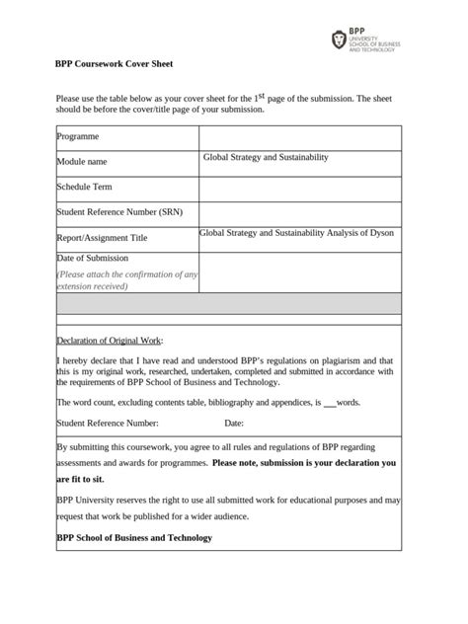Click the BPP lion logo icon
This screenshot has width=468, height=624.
pyautogui.click(x=340, y=39)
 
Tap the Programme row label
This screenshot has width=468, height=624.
pyautogui.click(x=78, y=137)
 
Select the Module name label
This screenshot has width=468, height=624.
pyautogui.click(x=82, y=161)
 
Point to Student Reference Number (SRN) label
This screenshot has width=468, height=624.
pyautogui.click(x=119, y=211)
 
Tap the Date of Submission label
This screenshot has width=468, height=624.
pyautogui.click(x=93, y=258)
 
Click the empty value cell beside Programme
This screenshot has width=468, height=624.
pyautogui.click(x=300, y=137)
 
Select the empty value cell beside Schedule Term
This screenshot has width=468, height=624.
pyautogui.click(x=300, y=188)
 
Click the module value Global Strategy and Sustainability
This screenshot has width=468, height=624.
pyautogui.click(x=266, y=157)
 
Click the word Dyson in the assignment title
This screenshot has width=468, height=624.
pyautogui.click(x=381, y=234)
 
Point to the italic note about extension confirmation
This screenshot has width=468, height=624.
pyautogui.click(x=126, y=280)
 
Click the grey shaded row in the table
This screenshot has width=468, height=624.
pyautogui.click(x=228, y=303)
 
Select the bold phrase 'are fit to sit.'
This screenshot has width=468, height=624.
pyautogui.click(x=80, y=479)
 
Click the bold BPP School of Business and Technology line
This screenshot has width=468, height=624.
pyautogui.click(x=134, y=538)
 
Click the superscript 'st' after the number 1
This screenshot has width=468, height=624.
pyautogui.click(x=264, y=95)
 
